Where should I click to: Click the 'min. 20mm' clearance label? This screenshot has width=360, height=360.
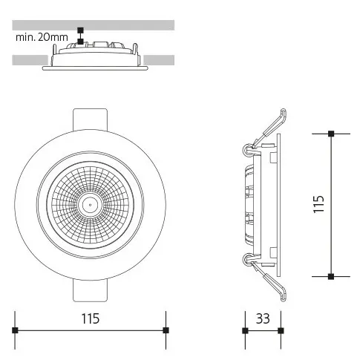tap(42, 37)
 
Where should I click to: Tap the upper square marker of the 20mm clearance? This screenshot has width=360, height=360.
tap(80, 30)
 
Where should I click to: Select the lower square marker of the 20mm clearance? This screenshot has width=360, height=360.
tap(80, 42)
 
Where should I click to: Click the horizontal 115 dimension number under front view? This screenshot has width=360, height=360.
tap(91, 318)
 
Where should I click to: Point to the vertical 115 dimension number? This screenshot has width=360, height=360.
tap(318, 204)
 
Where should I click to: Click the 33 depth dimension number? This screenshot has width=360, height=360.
tap(263, 318)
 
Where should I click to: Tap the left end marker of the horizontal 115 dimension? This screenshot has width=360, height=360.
tap(15, 330)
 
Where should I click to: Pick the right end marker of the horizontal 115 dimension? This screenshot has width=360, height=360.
tap(166, 330)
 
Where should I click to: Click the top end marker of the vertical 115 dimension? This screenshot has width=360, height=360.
tap(331, 134)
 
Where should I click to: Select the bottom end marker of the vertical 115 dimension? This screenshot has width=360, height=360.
tap(331, 276)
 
